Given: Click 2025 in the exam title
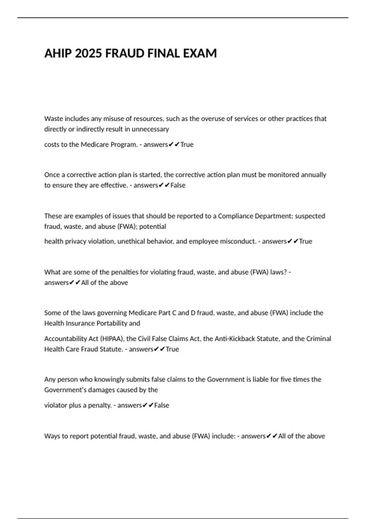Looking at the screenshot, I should pos(88,53).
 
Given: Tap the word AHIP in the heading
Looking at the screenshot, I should pos(58,53).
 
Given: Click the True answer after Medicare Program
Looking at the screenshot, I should pos(187,144).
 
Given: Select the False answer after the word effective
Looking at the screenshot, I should pos(178,185).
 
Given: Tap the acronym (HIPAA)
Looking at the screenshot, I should pos(112,339).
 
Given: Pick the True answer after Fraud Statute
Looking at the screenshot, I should pos(172,349).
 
